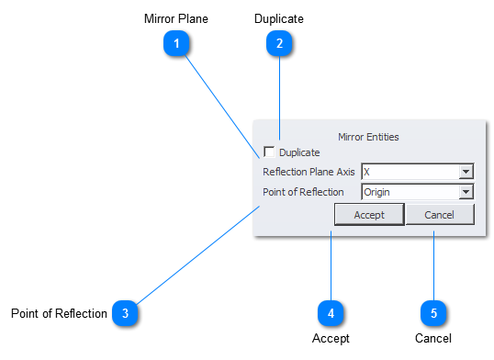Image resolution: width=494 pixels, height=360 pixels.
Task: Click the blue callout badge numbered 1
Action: point(175,43)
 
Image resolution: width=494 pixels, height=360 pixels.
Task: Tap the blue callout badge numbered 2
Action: point(279,43)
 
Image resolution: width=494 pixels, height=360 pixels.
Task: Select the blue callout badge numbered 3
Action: point(125,313)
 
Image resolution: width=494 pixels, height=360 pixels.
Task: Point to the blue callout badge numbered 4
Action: point(330,313)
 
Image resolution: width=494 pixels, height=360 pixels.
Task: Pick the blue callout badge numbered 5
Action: point(433,313)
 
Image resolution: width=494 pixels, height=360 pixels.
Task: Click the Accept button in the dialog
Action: point(369,214)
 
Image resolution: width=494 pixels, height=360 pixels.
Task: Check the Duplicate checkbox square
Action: point(269,152)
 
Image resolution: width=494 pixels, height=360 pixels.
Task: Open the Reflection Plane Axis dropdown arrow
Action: point(466,172)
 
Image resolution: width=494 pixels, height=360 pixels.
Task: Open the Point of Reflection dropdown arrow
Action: point(466,192)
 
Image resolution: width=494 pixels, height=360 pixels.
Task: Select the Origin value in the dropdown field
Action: point(376,192)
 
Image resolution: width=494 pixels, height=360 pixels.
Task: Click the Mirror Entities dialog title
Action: point(368,137)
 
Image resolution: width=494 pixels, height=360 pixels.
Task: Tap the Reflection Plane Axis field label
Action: point(309,172)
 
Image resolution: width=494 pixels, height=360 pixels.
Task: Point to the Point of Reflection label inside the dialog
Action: point(303,192)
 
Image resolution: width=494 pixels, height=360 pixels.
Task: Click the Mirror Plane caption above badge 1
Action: point(175,18)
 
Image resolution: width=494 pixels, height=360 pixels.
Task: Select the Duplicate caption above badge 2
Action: point(279,18)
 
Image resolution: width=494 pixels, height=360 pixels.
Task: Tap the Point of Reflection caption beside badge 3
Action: point(59,314)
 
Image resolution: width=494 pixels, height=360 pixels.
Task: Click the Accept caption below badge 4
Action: point(331,338)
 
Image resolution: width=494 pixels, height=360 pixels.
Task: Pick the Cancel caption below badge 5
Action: point(433,338)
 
